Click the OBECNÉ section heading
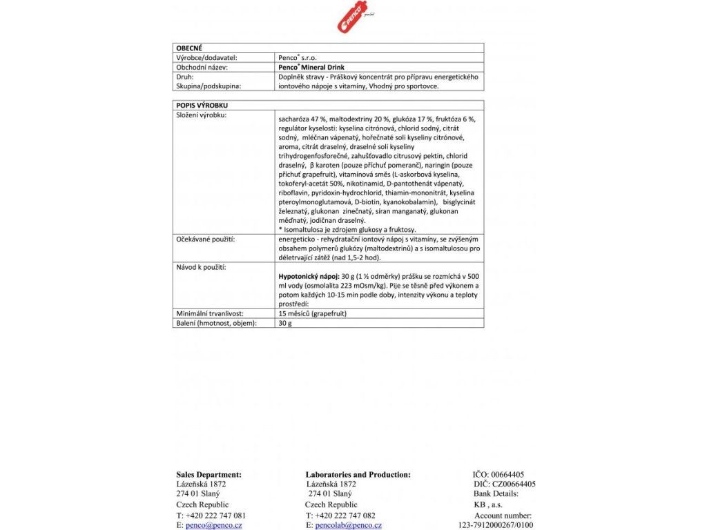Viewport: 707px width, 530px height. (x=190, y=48)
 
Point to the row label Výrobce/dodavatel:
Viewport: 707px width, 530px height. (x=204, y=58)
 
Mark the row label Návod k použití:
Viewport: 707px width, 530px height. (x=202, y=266)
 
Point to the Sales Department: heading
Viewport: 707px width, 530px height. (x=209, y=474)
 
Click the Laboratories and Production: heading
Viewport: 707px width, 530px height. (x=358, y=474)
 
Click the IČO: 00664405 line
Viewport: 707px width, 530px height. (x=498, y=474)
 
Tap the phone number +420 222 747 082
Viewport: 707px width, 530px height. (x=345, y=515)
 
